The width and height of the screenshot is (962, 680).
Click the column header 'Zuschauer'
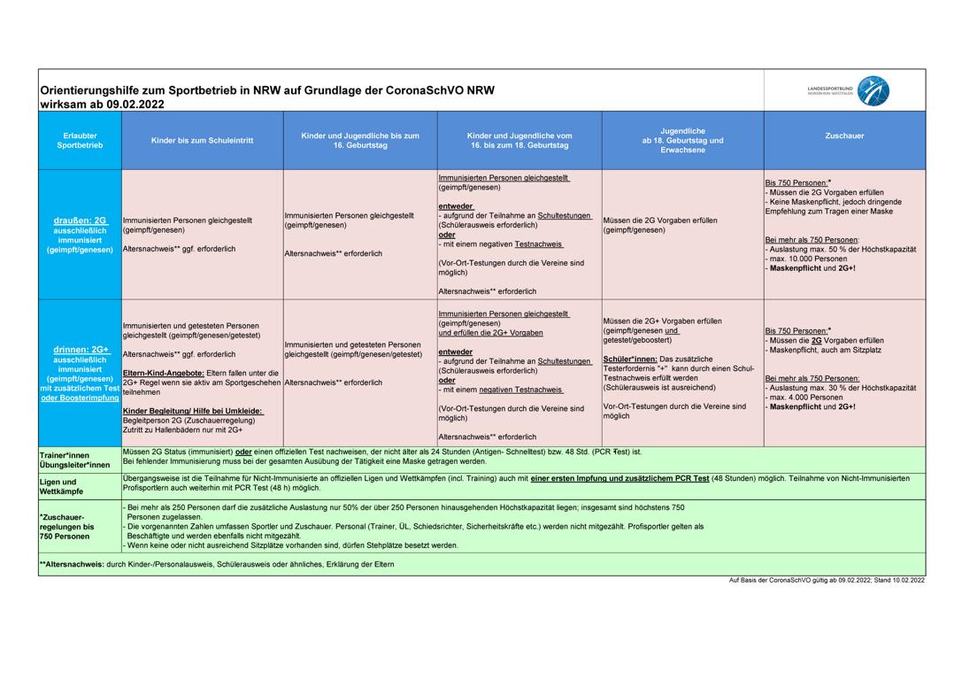[x=843, y=135]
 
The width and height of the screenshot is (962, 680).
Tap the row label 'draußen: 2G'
[x=80, y=220]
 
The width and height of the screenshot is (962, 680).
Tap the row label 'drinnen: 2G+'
[x=80, y=350]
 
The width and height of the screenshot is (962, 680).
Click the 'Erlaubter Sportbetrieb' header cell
[x=80, y=139]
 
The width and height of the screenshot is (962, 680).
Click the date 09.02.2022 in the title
[x=135, y=104]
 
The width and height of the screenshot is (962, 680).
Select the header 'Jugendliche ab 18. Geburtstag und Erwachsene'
[x=682, y=140]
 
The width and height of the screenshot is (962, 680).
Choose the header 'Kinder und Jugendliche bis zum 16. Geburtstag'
[x=359, y=140]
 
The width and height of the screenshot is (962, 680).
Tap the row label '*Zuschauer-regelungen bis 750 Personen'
[x=65, y=526]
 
